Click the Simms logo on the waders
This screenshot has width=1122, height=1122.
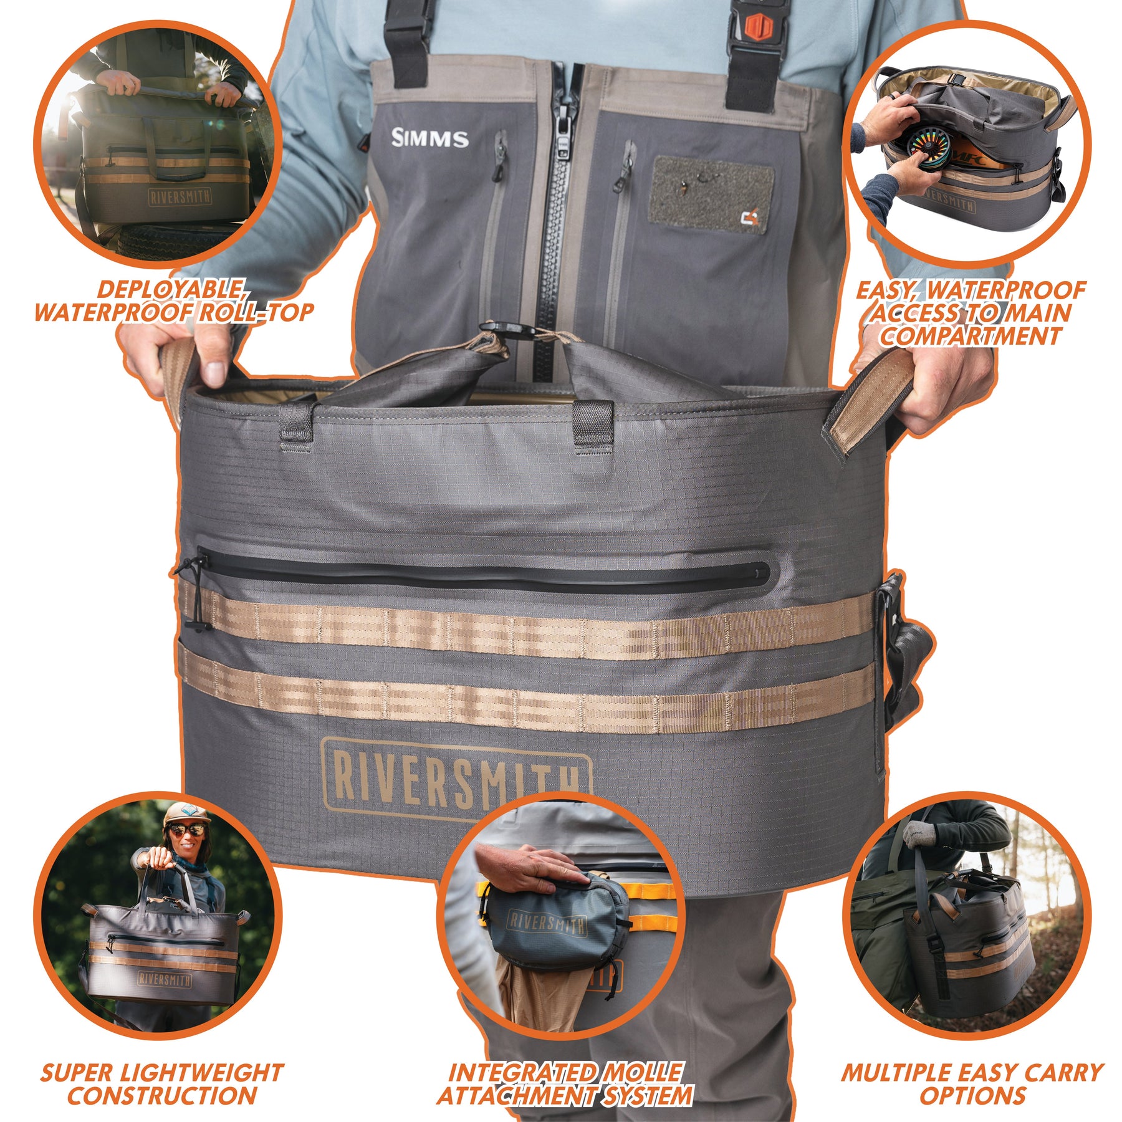(x=429, y=138)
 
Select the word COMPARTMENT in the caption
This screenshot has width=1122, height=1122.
(x=970, y=336)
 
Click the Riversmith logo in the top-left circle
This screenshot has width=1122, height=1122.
(x=180, y=197)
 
